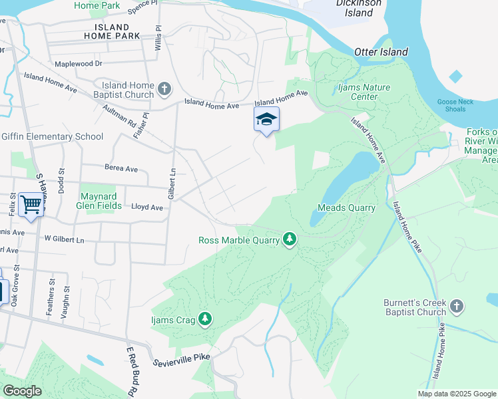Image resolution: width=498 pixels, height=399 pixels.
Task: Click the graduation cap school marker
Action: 266,120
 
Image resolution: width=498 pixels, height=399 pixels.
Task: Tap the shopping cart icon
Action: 31,204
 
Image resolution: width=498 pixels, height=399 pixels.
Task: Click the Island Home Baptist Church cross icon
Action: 165,88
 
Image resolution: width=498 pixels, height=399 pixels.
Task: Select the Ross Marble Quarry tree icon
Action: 289,238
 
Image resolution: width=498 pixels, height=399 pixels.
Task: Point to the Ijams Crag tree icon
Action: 206,320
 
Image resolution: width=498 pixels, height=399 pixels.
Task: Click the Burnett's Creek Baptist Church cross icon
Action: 456,306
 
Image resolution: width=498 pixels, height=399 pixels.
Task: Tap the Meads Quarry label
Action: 346,207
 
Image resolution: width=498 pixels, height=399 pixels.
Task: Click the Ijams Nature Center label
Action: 364,92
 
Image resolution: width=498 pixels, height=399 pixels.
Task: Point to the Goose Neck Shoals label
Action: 456,105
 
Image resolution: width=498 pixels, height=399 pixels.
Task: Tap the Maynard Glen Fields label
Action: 101,201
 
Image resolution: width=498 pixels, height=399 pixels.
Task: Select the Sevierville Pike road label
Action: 181,357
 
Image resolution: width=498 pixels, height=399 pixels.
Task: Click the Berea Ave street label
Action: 121,168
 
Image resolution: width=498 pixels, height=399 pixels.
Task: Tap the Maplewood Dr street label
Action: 79,64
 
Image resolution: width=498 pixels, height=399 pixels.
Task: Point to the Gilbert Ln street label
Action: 172,185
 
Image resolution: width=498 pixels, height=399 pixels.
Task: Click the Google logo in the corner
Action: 22,391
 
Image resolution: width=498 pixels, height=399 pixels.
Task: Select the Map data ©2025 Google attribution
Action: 457,394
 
